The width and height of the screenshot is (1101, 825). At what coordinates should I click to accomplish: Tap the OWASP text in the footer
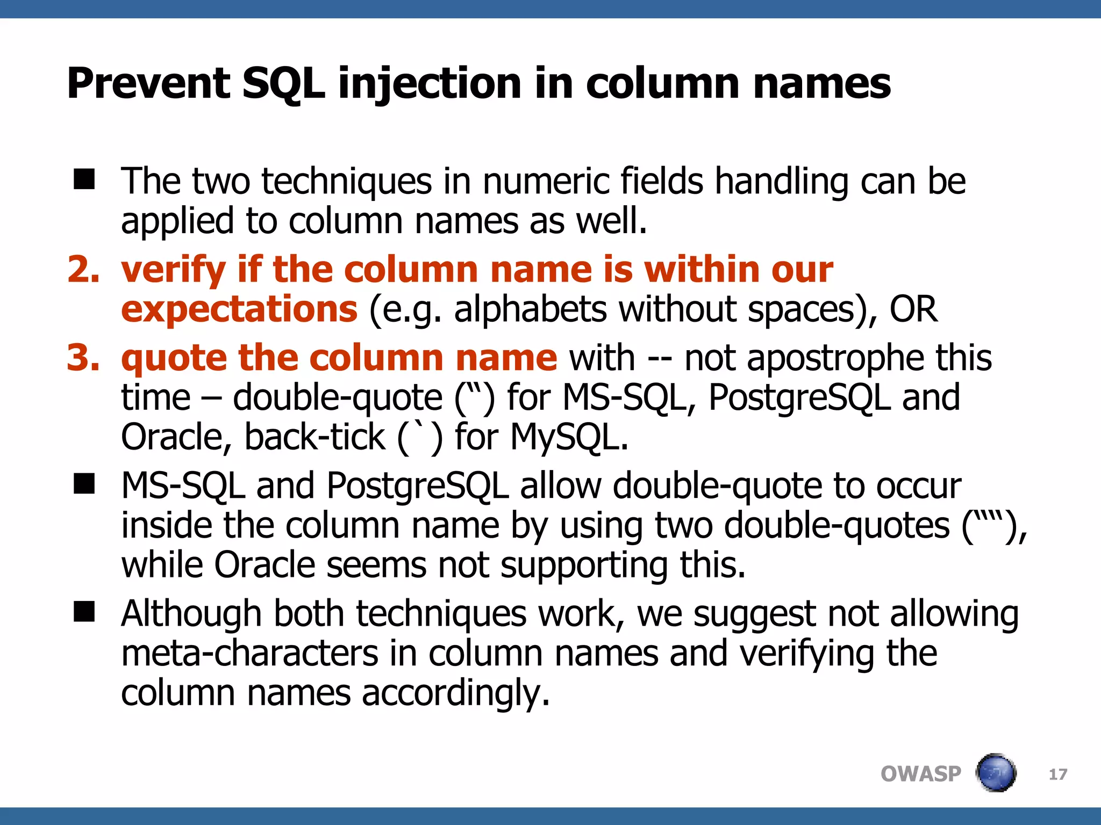920,774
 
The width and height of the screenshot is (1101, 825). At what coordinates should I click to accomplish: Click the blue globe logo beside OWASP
996,773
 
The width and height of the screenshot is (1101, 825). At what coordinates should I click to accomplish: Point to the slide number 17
1058,775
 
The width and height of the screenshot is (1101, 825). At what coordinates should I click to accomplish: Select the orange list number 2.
83,269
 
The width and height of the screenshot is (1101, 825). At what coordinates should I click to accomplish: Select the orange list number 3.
83,358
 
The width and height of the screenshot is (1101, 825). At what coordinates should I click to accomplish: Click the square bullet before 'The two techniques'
84,179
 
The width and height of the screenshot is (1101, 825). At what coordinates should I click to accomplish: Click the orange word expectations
239,309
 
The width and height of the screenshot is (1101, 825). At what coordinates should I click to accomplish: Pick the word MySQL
569,437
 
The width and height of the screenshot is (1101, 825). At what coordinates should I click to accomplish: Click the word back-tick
315,437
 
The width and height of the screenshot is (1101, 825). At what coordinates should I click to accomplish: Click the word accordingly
456,693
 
